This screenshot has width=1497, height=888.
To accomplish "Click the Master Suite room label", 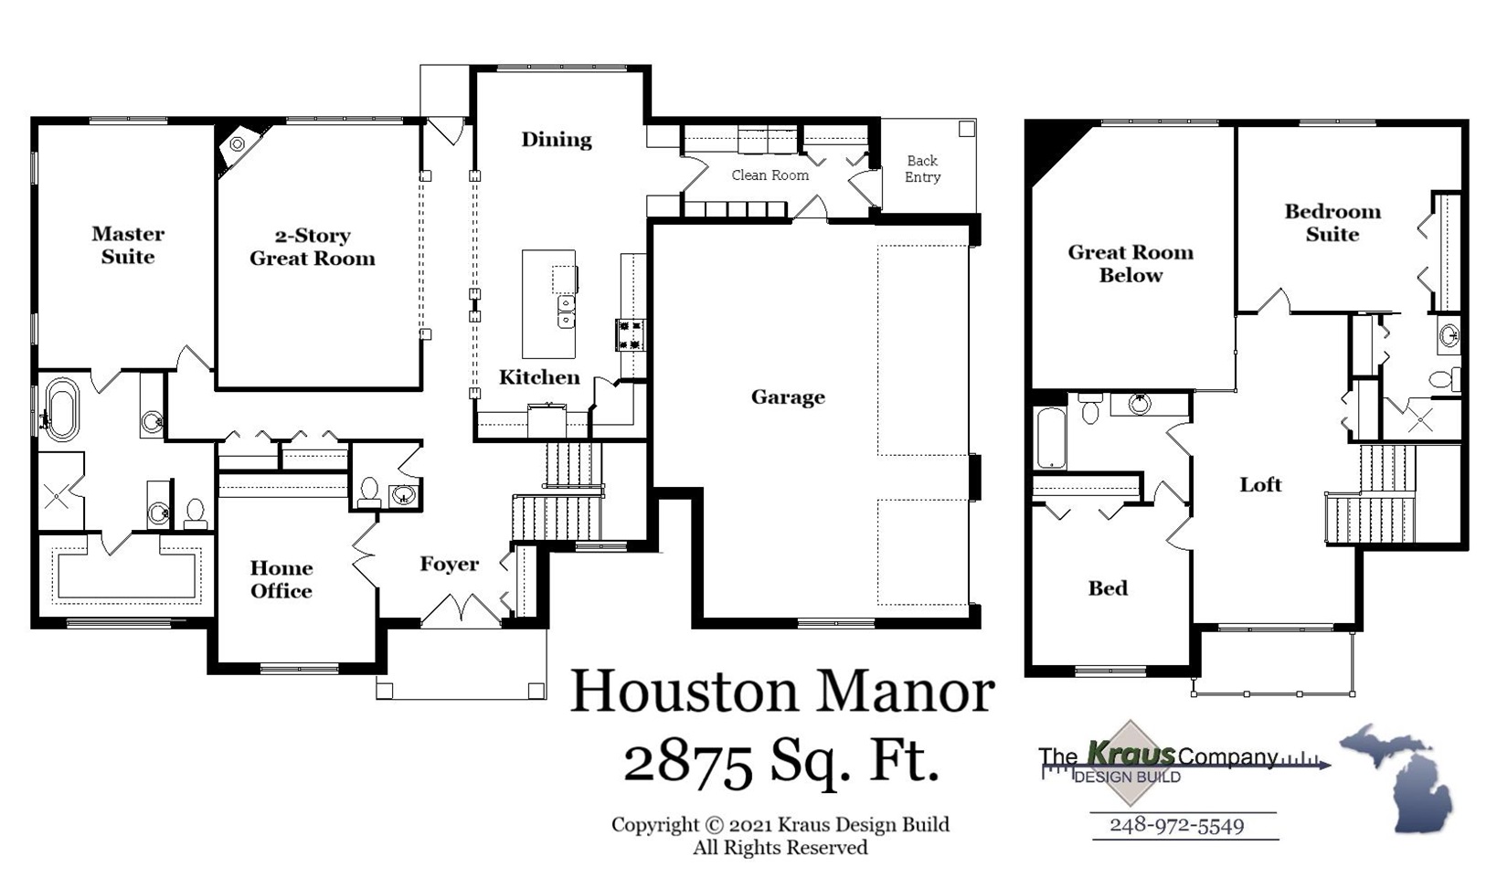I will (x=128, y=245).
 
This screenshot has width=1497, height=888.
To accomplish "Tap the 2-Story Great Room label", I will (x=313, y=247).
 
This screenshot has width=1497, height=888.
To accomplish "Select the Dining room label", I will (x=557, y=140).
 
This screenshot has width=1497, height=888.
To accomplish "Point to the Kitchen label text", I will (x=539, y=377).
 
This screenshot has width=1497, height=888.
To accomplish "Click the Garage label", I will (x=788, y=396).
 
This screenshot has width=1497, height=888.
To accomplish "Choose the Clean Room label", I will (x=770, y=175).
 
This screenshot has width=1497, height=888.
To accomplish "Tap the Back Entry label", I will (x=922, y=169).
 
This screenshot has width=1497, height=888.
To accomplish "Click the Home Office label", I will (x=281, y=579).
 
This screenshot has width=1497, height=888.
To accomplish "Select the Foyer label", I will (x=449, y=565).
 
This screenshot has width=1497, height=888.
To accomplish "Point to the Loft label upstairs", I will (x=1260, y=485).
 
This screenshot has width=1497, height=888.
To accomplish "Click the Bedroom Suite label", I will (x=1332, y=223).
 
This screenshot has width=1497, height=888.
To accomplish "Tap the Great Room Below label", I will (x=1131, y=263).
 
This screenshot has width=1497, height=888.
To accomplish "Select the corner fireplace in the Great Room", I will (x=238, y=144).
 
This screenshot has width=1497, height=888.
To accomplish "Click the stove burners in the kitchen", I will (x=631, y=333).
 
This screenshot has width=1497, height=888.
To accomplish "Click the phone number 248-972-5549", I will (x=1176, y=825).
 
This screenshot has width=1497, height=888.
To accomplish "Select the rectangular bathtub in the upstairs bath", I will (x=1051, y=437).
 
